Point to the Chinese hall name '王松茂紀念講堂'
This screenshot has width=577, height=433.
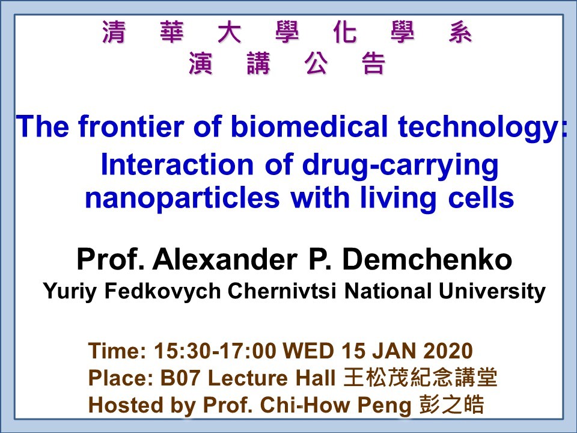point(420,378)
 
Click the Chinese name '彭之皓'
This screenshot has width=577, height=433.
point(450,405)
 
